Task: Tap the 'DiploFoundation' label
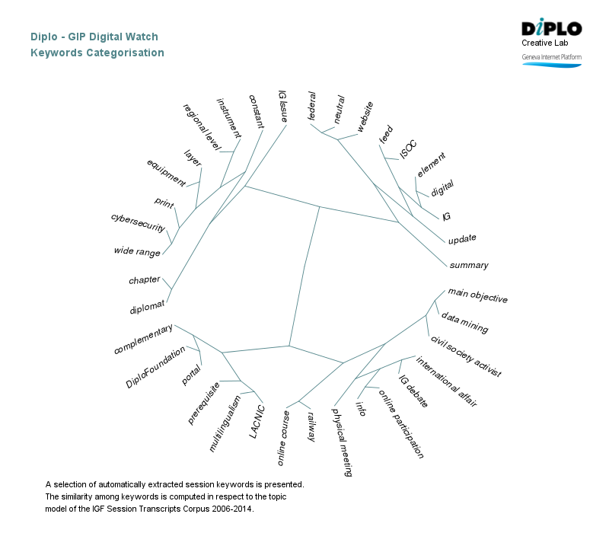[155, 369]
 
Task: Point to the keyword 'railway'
[311, 426]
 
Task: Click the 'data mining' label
[464, 323]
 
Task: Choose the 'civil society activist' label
[465, 356]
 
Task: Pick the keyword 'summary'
[469, 265]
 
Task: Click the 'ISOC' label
[409, 149]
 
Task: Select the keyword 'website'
[365, 117]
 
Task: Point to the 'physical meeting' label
[342, 442]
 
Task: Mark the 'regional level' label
[201, 124]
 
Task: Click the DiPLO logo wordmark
[552, 28]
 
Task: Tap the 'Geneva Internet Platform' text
[551, 57]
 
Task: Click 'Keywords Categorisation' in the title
[97, 53]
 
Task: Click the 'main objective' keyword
[477, 295]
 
